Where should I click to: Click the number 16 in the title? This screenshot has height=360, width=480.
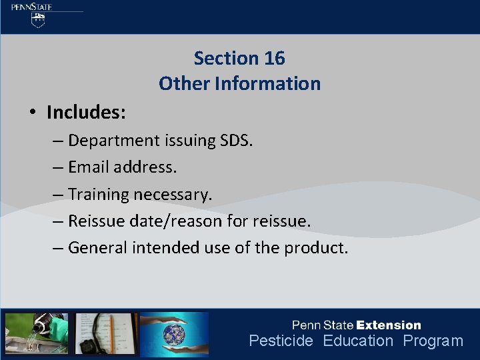[274, 59]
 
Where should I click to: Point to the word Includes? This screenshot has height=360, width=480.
[86, 113]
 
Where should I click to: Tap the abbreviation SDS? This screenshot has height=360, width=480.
[236, 141]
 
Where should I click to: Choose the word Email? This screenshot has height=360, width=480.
[89, 167]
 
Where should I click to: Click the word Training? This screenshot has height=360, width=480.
[98, 195]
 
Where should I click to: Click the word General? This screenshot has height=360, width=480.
[98, 248]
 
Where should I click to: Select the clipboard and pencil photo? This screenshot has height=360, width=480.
[106, 333]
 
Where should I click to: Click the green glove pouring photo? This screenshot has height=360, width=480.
[36, 333]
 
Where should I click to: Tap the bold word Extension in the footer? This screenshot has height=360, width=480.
[389, 325]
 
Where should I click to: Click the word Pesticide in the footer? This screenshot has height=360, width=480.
[281, 341]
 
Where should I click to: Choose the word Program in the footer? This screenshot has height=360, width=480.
[433, 341]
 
